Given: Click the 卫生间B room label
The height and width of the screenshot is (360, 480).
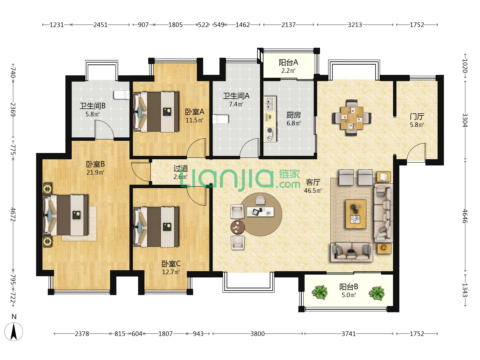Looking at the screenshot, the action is pos(93,106).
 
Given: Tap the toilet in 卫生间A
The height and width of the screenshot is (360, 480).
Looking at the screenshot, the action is pos(221,119).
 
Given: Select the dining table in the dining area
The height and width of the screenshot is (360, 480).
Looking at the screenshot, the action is pos(351,118).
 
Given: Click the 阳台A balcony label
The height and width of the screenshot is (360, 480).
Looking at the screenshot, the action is pos(288,63).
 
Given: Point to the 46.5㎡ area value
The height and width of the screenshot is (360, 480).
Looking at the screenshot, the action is pos(313,191).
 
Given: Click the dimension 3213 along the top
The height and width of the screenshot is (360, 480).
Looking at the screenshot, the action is pos(355,25).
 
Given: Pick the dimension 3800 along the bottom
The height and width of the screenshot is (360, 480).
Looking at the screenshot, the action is pos(258,334).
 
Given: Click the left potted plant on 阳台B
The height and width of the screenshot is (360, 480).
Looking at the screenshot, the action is pos(320,292).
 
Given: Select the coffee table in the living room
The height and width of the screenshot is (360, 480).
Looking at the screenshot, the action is pos(356,214).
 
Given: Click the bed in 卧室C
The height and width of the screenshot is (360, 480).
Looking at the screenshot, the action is pos(156,227).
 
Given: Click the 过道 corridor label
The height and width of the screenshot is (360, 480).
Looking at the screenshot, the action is pos(181,168).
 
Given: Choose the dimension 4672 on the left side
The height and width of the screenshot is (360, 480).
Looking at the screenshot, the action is pos(13,214).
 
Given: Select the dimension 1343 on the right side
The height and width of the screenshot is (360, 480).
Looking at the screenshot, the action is pos(465,290).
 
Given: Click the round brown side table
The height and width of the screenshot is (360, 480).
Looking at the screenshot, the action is pos(237,227).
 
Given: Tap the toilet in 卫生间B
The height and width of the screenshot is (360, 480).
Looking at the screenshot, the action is pos(122,95).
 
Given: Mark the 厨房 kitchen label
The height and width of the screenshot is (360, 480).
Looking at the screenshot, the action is pos(294,115).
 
